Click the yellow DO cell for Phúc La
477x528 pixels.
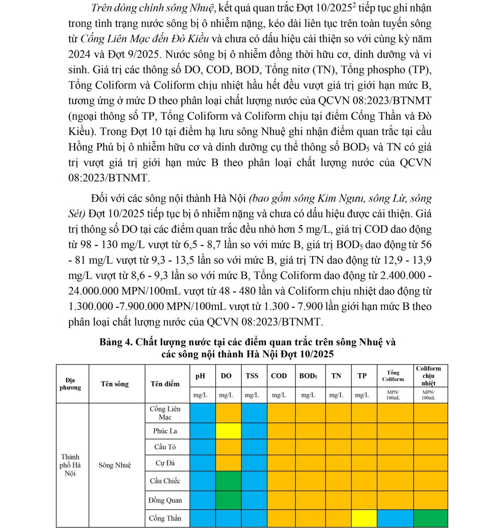coord(228,431)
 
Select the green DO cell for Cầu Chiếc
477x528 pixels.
coord(228,481)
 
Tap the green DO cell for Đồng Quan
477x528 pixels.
coord(228,500)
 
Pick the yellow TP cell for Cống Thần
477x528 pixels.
coord(364,518)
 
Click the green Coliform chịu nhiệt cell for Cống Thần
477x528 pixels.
coord(430,518)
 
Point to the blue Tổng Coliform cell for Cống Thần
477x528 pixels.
coord(395,518)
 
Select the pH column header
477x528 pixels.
coord(200,376)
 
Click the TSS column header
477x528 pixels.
coord(252,376)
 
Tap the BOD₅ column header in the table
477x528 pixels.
coord(308,376)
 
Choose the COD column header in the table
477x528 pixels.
coord(279,376)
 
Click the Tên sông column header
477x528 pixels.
coord(115,384)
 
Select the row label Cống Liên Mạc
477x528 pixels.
coord(165,413)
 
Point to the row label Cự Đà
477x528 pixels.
coord(165,463)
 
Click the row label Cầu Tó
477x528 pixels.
coord(165,447)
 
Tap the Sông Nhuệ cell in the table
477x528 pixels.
coord(115,465)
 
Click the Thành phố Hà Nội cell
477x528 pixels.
coord(70,465)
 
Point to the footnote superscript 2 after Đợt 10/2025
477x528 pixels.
coord(354,6)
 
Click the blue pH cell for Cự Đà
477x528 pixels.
coord(203,463)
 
